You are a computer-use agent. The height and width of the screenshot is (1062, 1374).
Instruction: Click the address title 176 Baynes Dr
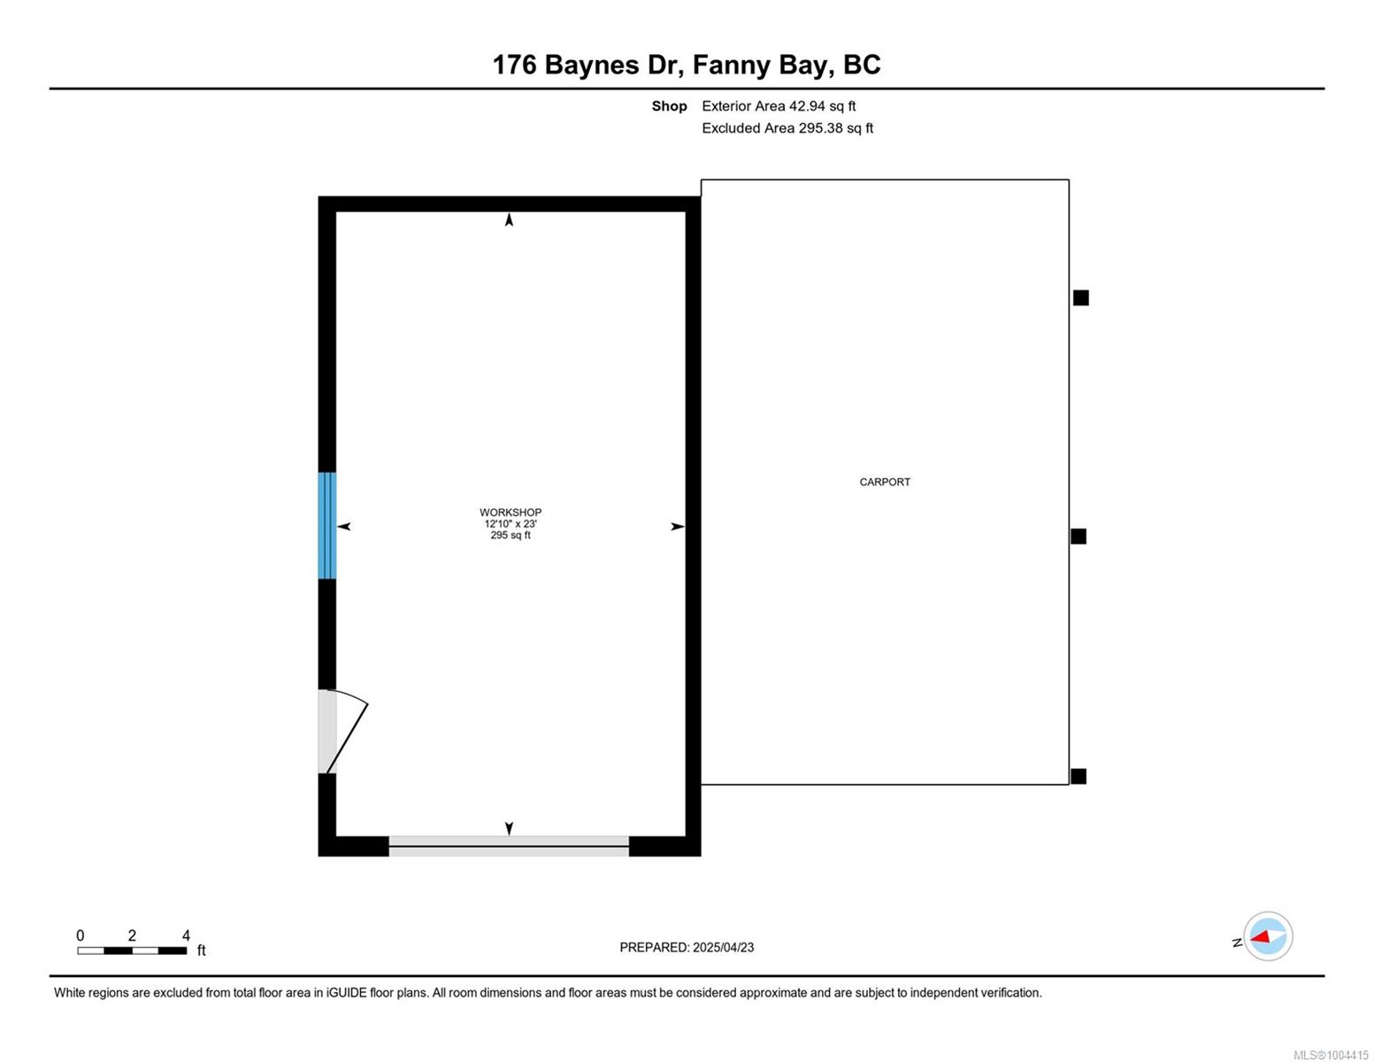pos(585,65)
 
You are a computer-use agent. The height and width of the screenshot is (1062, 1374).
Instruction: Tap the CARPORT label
pos(885,482)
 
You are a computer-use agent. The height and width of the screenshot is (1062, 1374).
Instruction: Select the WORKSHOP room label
pos(510,512)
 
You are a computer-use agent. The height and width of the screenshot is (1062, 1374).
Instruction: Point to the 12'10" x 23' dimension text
pos(510,524)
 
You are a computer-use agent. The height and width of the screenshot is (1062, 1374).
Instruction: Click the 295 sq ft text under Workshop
pos(510,535)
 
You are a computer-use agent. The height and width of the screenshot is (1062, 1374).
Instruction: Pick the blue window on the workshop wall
pos(326,526)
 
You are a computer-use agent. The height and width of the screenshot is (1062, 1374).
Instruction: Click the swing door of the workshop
pos(342,731)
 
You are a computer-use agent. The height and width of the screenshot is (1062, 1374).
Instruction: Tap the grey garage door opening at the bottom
pos(509,846)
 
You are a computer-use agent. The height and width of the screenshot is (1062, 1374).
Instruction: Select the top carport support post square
pos(1080,298)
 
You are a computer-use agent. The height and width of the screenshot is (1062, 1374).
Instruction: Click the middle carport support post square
pos(1078,536)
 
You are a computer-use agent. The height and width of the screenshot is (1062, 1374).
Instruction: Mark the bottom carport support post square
pos(1078,776)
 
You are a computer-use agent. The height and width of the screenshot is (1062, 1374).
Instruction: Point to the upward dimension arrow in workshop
pos(509,219)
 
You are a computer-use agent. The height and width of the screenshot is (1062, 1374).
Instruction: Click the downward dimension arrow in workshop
pos(509,828)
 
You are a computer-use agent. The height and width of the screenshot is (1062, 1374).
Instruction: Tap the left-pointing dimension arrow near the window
pos(344,527)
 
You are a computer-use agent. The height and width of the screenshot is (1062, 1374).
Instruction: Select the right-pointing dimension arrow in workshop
pos(678,527)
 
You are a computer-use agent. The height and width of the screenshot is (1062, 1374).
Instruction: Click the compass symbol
pos(1268,936)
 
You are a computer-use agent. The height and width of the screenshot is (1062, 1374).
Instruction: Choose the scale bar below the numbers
pos(132,950)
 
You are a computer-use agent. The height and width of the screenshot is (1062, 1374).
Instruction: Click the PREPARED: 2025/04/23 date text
pos(687,948)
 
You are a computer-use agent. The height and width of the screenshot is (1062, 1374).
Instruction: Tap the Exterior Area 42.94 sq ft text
pos(779,106)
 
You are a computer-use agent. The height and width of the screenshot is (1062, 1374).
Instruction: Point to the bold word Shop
pos(669,106)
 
